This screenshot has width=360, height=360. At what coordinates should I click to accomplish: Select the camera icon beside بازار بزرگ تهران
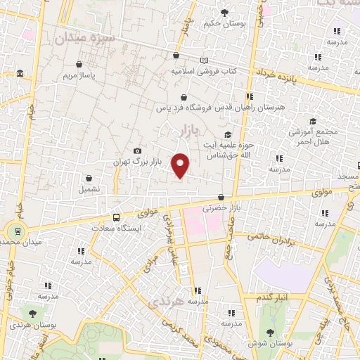click(x=137, y=151)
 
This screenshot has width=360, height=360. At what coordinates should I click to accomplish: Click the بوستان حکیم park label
click(x=225, y=23)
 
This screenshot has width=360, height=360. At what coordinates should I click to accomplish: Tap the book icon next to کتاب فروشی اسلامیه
click(x=205, y=60)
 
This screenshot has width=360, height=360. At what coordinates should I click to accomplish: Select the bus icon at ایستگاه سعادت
click(x=116, y=217)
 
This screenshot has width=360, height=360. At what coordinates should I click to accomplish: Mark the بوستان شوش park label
click(x=270, y=343)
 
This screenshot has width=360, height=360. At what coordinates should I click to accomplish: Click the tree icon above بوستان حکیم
click(x=225, y=12)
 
